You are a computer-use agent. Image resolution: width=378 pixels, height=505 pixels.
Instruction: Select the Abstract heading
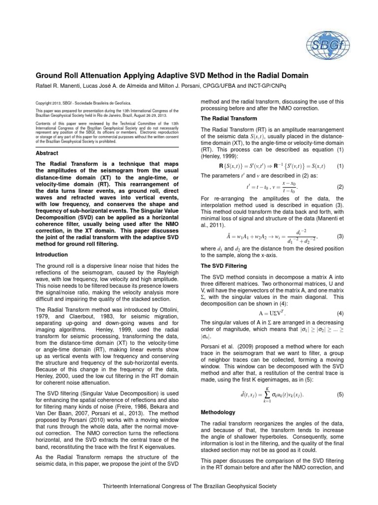point(47,153)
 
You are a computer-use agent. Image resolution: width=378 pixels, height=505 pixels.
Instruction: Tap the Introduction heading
point(52,254)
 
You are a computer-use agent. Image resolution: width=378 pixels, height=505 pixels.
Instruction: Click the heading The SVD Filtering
point(222,265)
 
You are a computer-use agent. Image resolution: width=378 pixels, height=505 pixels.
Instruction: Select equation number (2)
point(340,187)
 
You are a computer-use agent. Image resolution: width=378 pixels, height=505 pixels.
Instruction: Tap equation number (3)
point(340,237)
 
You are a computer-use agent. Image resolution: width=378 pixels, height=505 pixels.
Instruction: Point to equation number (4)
point(340,314)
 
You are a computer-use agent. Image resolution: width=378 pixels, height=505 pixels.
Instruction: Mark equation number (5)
point(340,395)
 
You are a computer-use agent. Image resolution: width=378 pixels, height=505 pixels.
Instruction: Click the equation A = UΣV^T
point(272,314)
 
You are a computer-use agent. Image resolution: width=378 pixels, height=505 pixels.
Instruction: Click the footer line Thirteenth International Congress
point(189,486)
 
